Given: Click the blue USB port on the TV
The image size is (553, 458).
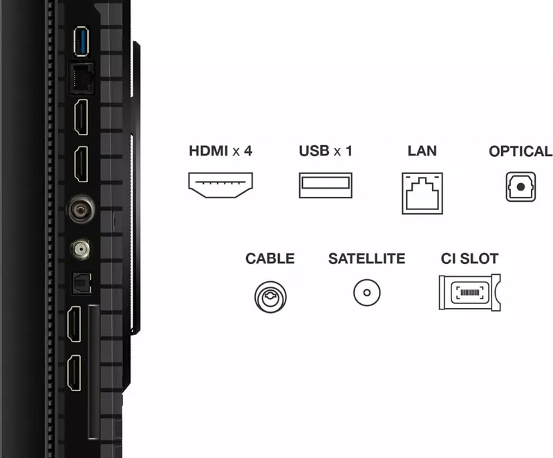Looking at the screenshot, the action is pos(81,41).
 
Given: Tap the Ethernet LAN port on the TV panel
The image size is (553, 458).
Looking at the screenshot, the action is pos(82,79).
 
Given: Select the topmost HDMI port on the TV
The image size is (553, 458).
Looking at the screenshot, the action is pos(81,117).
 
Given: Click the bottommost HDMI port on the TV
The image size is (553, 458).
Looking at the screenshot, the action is pos(74,372).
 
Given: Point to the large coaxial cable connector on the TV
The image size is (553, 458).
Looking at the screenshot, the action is pos(81,209).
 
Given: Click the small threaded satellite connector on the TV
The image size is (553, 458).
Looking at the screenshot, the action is pos(80,249).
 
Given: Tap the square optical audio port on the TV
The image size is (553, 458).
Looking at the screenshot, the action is pos(82,283).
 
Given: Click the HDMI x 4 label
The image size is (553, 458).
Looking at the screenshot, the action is pos(221,151).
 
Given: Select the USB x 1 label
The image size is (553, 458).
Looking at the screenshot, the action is pos(326,151).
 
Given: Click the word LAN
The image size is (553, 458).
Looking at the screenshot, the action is pos(422,151).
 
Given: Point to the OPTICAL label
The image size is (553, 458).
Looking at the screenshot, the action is pos(521,151).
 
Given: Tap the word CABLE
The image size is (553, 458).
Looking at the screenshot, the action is pos(270,258).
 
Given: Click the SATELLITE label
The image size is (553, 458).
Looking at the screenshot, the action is pos(367,258).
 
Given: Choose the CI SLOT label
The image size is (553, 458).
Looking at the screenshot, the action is pos(469,258).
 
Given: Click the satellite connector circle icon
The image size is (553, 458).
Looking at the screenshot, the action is pos(367,280).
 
